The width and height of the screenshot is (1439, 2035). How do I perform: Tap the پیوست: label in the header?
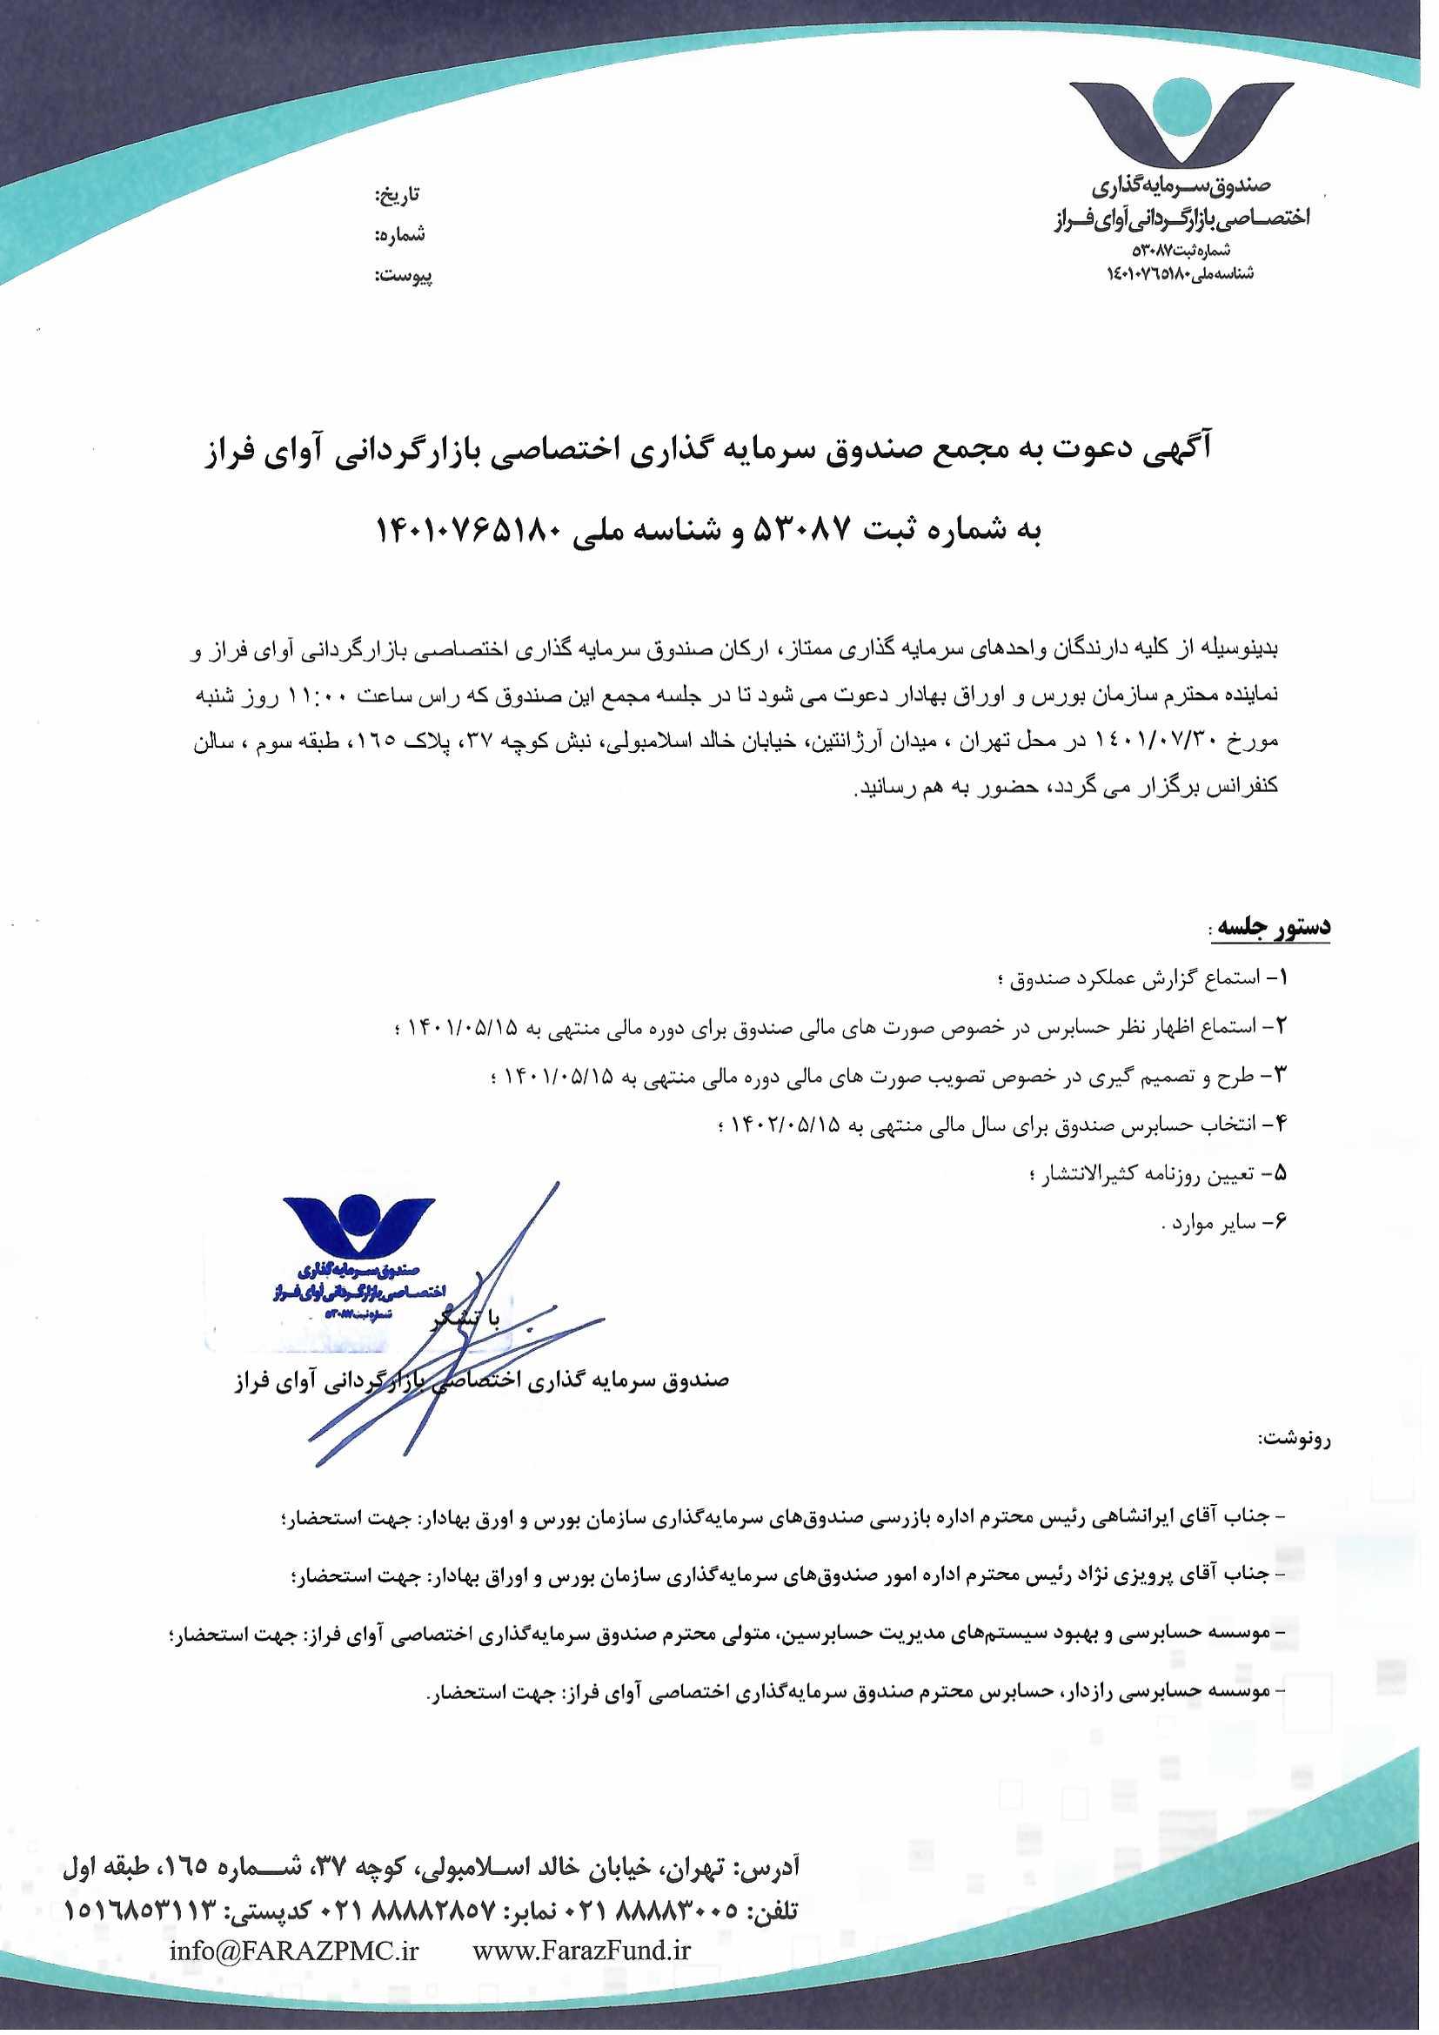[x=403, y=277]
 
